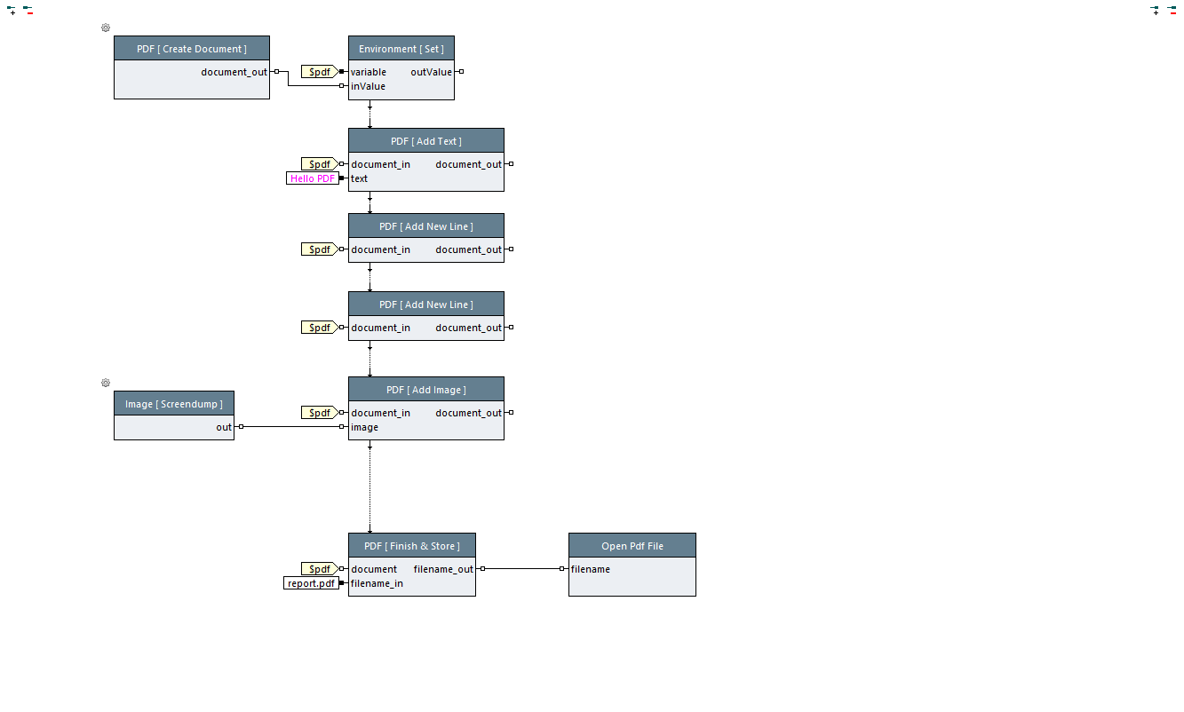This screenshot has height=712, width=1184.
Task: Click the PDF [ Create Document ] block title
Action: (x=191, y=49)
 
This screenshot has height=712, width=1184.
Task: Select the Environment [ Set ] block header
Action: (x=401, y=49)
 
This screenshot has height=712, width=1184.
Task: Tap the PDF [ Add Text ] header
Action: (x=425, y=141)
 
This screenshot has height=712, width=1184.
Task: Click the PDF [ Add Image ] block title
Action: (x=425, y=390)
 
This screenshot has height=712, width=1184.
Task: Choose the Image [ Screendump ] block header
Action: (x=173, y=404)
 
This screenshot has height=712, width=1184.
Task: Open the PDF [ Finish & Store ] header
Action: (x=411, y=546)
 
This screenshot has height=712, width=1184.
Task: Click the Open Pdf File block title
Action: (x=632, y=546)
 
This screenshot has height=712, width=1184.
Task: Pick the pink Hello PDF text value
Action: (x=313, y=178)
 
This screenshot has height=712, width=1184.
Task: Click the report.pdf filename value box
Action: (x=311, y=583)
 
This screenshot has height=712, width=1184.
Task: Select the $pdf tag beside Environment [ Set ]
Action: (x=319, y=72)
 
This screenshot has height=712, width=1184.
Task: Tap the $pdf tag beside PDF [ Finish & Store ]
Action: (x=319, y=569)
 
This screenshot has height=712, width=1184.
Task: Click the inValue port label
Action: (x=368, y=86)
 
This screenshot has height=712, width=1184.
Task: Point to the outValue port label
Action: (x=431, y=72)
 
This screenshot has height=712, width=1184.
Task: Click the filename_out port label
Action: (x=443, y=569)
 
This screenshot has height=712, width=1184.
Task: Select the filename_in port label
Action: (x=377, y=583)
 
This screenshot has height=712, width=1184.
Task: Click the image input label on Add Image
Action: (x=364, y=427)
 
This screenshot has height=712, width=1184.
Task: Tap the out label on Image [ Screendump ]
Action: (x=224, y=427)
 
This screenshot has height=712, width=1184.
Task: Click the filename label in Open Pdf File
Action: (x=590, y=569)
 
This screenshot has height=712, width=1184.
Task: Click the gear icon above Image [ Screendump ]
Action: (x=106, y=383)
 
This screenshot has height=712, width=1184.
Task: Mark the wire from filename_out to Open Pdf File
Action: (x=522, y=568)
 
